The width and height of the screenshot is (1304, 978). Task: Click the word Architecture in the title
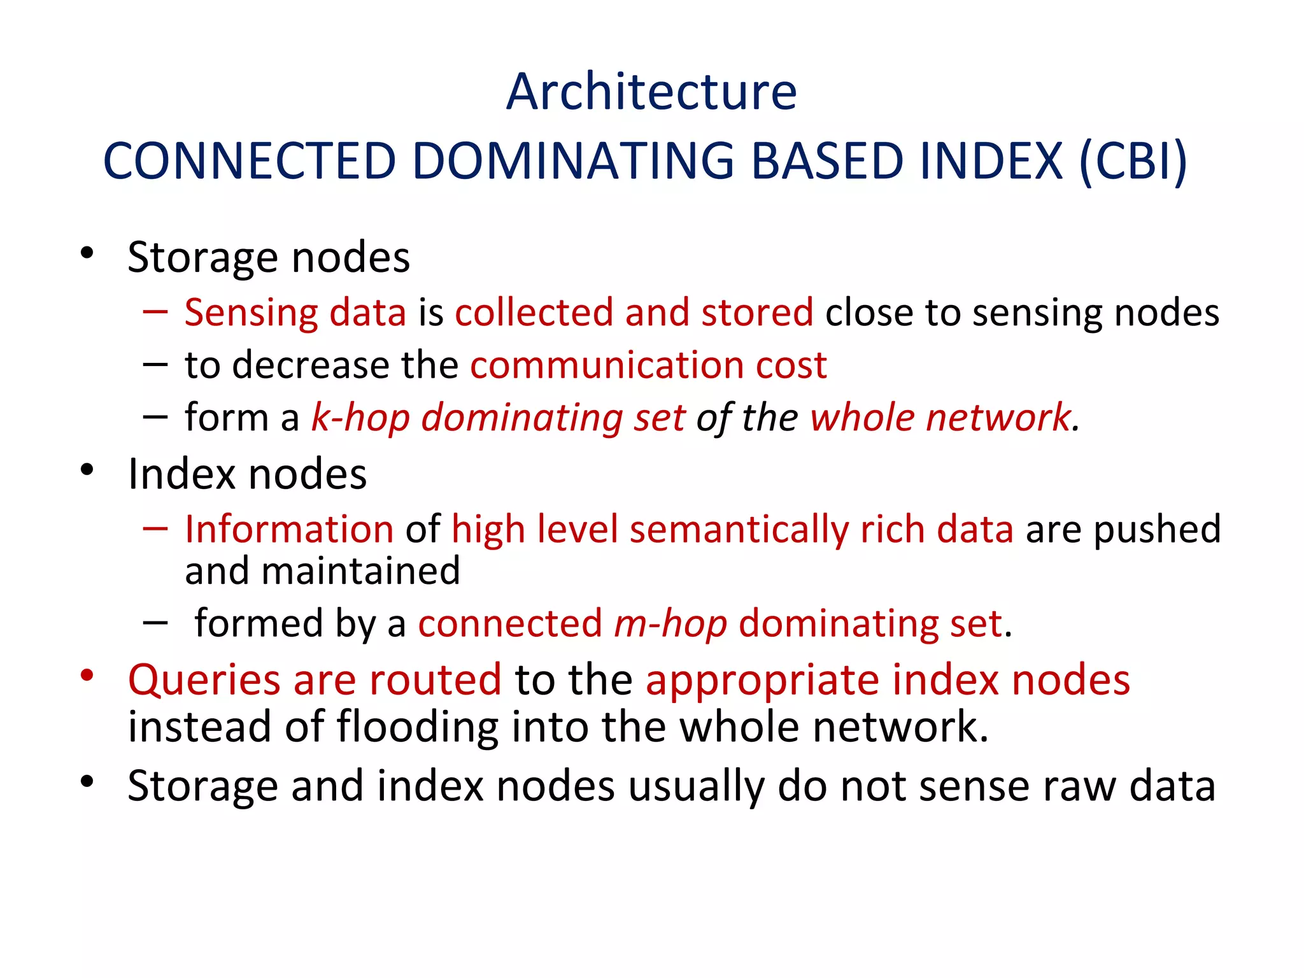tap(651, 92)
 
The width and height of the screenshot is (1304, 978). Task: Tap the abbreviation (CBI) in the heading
tap(1133, 160)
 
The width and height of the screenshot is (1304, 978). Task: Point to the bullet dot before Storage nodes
tap(87, 253)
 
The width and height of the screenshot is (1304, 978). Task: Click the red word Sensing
tap(251, 313)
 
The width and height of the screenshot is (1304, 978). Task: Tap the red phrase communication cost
tap(648, 365)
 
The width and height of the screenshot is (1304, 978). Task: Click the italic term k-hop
tap(360, 418)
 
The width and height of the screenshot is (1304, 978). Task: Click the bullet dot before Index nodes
tap(87, 471)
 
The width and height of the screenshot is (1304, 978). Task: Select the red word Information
tap(289, 530)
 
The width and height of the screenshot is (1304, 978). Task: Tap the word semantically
tap(739, 530)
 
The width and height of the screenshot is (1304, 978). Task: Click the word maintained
tap(360, 571)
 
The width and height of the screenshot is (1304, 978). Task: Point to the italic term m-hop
tap(670, 623)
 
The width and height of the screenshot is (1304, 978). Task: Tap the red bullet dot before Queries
tap(87, 676)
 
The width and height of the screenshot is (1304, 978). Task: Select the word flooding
tap(417, 726)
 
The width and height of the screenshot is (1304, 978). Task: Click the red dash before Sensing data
tap(155, 312)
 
